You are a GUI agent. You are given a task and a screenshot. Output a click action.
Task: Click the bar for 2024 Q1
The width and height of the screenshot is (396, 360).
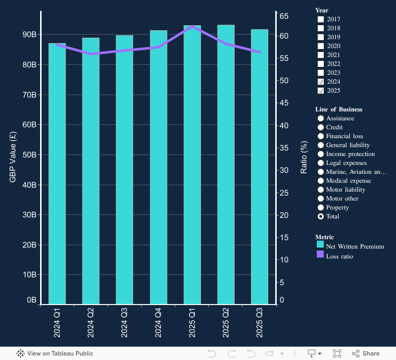(57, 173)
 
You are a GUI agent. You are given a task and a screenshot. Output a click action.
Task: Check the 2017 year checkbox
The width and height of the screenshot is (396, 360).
(321, 19)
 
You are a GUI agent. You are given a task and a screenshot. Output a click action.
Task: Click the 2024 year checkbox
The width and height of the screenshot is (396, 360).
(321, 82)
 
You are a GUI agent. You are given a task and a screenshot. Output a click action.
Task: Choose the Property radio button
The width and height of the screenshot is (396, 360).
(321, 207)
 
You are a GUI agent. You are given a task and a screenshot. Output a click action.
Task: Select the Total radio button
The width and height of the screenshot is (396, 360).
(321, 216)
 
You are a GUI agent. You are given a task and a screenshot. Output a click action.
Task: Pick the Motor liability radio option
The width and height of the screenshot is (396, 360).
(321, 190)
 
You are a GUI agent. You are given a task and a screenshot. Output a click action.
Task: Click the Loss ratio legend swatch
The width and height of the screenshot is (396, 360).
(320, 255)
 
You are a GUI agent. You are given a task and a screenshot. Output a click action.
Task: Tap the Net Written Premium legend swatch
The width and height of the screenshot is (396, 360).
(320, 245)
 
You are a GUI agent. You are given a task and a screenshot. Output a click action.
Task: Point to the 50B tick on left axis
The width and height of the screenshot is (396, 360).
(30, 154)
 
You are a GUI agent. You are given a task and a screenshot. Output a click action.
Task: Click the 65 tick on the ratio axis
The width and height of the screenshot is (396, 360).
(284, 16)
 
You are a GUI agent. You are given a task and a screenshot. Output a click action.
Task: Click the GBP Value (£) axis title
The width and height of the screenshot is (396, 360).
(13, 157)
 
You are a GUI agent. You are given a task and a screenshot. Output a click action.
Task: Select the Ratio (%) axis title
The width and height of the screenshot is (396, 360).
(304, 157)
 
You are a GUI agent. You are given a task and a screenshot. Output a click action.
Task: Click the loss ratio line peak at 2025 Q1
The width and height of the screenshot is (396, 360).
(192, 26)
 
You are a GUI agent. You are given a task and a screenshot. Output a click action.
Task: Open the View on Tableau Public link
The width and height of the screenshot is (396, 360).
(54, 354)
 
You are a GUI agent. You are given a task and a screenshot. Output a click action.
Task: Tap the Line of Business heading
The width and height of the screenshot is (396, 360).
(339, 109)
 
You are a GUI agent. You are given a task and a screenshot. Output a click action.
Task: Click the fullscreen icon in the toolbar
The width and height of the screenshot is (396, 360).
(337, 354)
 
